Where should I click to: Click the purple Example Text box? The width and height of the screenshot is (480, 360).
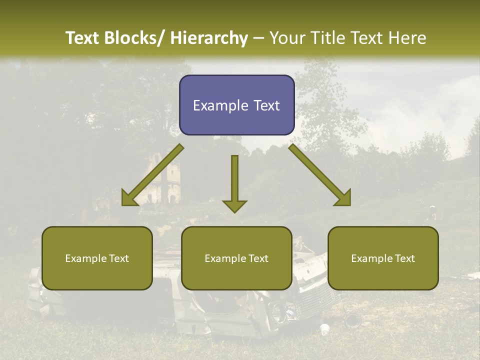[236, 105]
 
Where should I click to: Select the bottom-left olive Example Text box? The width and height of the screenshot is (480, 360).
[97, 258]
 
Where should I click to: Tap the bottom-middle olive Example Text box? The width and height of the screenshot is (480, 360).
[236, 258]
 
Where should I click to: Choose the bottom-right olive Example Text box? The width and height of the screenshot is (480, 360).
[383, 258]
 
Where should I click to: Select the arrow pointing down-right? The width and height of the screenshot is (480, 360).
[320, 175]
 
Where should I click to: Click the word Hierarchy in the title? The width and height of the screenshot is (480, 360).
[209, 38]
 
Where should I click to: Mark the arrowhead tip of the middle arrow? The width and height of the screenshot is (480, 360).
[234, 212]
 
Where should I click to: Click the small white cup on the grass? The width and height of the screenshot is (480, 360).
[324, 329]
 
